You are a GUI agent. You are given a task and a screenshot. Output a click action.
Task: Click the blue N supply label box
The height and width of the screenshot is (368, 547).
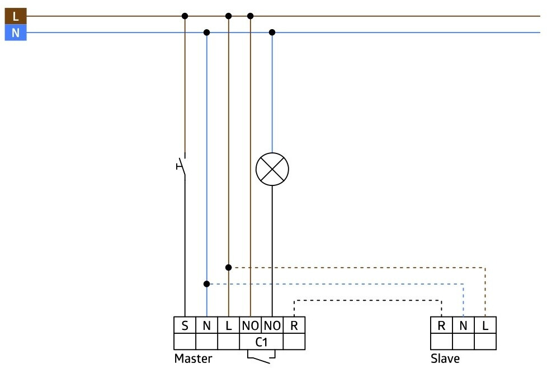pos(15,33)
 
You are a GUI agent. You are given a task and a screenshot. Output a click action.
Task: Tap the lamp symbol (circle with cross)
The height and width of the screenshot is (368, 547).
pos(272,169)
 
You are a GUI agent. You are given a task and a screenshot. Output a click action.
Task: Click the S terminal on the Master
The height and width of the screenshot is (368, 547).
pos(185,325)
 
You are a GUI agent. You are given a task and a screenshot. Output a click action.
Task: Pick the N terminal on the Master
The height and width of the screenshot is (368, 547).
pos(206,325)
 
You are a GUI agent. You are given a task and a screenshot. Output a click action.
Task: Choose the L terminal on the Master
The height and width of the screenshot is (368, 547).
pos(228,325)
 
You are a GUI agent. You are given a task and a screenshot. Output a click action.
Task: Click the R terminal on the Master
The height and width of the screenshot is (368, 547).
pos(294,325)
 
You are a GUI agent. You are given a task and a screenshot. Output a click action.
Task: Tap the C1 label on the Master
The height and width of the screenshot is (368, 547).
pos(261,342)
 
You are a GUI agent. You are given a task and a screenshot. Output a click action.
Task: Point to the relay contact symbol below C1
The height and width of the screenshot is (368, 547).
pos(261,356)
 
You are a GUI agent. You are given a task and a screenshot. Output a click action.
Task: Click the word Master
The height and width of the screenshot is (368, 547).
pos(193,358)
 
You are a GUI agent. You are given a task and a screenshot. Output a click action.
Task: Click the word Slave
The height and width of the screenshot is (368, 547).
pos(445,358)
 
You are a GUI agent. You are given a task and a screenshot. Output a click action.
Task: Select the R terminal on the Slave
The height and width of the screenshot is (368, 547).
pos(441,325)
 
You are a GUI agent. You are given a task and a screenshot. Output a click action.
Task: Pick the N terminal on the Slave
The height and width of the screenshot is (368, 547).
pos(463,325)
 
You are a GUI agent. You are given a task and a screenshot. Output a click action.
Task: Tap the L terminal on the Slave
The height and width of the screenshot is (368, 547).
pos(485,325)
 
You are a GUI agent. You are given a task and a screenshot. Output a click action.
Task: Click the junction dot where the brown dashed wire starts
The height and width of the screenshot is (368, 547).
pos(228,267)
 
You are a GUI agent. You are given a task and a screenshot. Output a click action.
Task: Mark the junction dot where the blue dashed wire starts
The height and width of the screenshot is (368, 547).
pos(206,284)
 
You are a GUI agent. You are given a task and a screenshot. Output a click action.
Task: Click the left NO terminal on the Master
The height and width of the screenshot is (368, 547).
pos(250,325)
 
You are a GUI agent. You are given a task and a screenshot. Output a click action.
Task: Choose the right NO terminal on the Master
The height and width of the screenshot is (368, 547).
pos(272,325)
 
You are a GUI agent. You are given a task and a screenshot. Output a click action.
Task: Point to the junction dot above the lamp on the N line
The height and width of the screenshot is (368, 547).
pos(272,32)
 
